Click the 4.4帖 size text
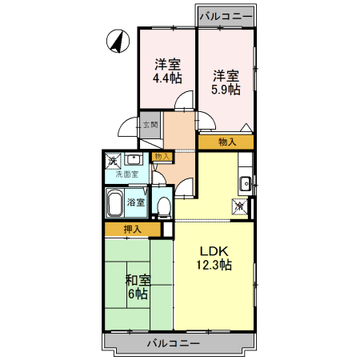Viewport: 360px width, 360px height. pyautogui.click(x=167, y=78)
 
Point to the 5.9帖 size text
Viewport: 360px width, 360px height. pyautogui.click(x=226, y=90)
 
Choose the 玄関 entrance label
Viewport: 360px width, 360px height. pyautogui.click(x=150, y=124)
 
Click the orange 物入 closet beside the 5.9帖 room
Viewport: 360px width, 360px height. pyautogui.click(x=227, y=142)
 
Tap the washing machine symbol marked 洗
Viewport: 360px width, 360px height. pyautogui.click(x=114, y=160)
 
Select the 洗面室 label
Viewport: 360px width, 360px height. pyautogui.click(x=126, y=174)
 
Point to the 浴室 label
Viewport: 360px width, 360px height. pyautogui.click(x=136, y=202)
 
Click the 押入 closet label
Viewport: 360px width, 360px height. pyautogui.click(x=132, y=230)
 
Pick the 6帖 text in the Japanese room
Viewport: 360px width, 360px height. pyautogui.click(x=138, y=294)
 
